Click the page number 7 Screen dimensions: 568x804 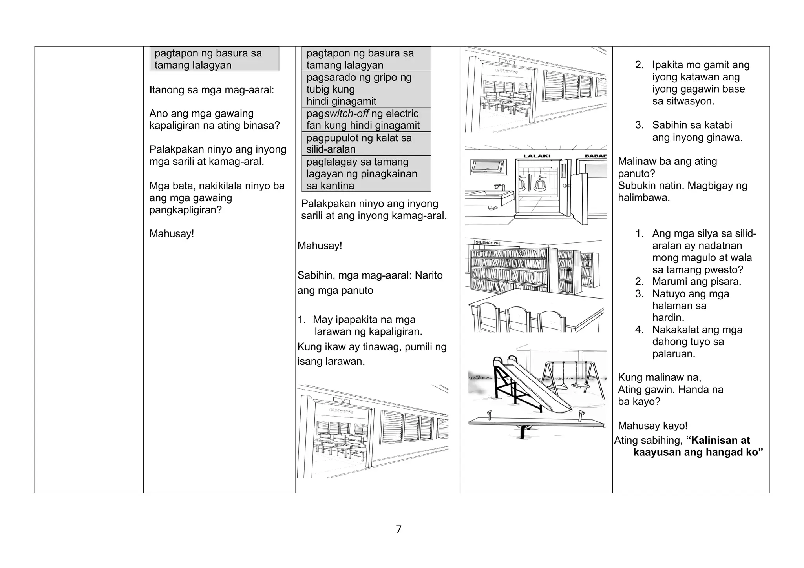coord(398,530)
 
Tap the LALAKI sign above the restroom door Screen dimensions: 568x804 coord(537,156)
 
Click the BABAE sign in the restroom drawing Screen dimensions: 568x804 coord(596,156)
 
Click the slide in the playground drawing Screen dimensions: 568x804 coord(534,388)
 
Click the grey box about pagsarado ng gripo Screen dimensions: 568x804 coord(366,89)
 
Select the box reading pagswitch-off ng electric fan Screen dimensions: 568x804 coord(366,120)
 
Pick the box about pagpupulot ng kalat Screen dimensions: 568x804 coord(366,144)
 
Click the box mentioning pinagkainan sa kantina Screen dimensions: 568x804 coord(366,174)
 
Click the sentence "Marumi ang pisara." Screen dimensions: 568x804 coord(696,282)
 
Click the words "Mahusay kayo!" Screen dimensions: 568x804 coord(652,426)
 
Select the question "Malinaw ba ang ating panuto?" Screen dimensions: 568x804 coord(667,167)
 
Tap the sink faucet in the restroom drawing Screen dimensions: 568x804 coord(498,186)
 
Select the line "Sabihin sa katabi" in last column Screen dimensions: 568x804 coord(692,125)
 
